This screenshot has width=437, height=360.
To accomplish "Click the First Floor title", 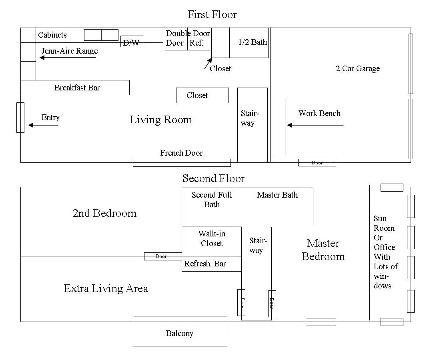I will pos(212,15).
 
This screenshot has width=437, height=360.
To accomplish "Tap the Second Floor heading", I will pos(213,178).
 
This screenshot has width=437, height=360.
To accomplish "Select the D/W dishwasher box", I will pos(132,42).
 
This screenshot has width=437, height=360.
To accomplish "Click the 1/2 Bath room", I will pos(249,42).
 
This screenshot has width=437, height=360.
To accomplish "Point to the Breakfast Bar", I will pos(75,88).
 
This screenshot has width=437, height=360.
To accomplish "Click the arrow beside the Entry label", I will pos(43,125).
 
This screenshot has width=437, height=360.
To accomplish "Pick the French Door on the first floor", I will pos(182,162).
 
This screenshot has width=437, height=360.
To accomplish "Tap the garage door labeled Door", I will pos(317,163).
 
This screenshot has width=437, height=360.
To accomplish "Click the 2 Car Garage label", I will pos(357,68).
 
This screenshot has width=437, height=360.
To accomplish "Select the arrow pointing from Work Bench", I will pos(315,125).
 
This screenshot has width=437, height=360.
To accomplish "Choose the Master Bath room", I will pos(277,206).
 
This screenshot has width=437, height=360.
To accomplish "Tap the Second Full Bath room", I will pos(212,206).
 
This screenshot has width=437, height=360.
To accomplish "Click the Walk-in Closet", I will pos(212,239).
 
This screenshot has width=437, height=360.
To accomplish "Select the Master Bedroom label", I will pos(323,250).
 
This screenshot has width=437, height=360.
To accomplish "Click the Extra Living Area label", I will pos(106,288).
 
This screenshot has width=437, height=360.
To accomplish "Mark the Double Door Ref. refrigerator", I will pos(188,39).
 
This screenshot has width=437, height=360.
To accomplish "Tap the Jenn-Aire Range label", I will pos(70,51).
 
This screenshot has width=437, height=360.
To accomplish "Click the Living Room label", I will pos(161,120).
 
